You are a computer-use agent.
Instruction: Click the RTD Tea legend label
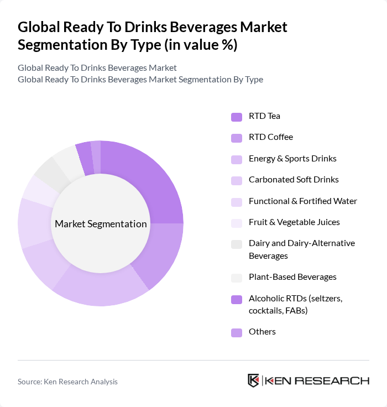264,116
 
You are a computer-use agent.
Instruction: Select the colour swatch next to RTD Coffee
237,138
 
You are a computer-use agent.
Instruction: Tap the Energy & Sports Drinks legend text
292,159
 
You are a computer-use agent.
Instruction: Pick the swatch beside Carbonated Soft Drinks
237,180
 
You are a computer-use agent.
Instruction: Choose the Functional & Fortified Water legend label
302,201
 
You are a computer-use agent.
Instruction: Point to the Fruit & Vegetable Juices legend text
294,222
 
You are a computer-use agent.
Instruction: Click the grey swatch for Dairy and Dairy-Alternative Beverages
237,244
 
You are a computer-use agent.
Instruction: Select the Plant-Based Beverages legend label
292,276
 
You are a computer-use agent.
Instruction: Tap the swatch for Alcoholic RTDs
237,299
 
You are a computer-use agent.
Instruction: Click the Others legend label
262,332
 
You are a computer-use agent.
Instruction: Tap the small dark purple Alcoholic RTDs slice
84,152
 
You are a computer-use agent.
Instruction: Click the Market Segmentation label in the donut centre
101,224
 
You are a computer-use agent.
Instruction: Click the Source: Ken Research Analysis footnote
67,382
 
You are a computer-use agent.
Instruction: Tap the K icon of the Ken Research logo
254,380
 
